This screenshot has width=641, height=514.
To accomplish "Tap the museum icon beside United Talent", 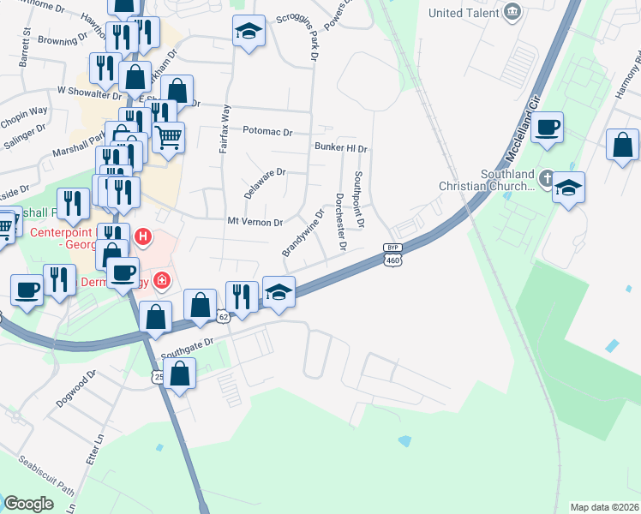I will (x=513, y=12).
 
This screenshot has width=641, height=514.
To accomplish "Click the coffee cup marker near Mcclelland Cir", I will (x=547, y=129).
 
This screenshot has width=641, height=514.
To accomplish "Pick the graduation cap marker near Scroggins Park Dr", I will (x=249, y=32).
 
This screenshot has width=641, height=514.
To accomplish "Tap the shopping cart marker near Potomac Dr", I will (x=169, y=136).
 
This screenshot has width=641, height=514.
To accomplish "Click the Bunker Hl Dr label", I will (x=340, y=148).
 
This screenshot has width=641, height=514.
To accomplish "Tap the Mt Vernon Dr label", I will (x=255, y=222).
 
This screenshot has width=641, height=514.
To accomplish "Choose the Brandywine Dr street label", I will (x=303, y=233).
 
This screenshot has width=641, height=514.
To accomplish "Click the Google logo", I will (x=28, y=504).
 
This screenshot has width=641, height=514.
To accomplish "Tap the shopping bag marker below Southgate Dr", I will (x=179, y=374).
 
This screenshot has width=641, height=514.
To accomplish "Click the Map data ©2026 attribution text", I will (x=604, y=507).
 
